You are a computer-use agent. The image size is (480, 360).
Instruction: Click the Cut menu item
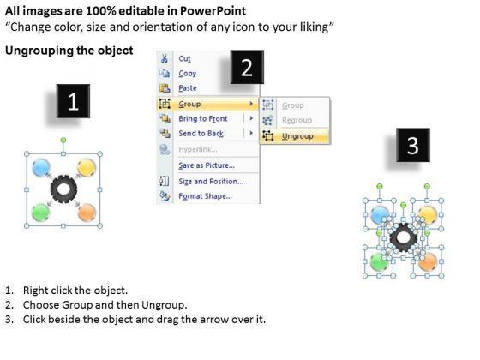point(184,58)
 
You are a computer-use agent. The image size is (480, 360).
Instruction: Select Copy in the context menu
point(188,74)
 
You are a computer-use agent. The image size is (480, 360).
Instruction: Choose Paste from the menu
point(188,88)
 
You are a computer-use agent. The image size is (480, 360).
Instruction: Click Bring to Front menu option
point(203,119)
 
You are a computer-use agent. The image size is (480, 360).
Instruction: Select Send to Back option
point(201,134)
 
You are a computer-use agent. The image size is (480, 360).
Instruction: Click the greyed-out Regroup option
point(297,120)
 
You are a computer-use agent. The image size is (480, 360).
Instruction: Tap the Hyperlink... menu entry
point(198,149)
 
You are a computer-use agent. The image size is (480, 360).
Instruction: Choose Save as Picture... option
point(207,165)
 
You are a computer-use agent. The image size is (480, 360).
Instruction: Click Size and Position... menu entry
point(211,181)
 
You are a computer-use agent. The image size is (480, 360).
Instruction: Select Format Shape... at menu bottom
point(206,196)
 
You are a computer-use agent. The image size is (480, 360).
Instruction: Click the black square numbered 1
point(73,101)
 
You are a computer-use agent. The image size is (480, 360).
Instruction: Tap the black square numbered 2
point(247,67)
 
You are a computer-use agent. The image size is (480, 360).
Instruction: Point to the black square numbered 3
point(413,145)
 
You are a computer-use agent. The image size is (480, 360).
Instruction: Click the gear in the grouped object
point(63,189)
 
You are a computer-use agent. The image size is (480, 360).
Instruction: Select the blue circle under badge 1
point(41,167)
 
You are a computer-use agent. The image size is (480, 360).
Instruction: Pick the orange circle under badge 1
point(87,213)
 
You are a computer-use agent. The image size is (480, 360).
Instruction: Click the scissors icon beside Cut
point(165,58)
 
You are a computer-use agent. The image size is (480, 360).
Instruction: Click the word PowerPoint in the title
point(213,11)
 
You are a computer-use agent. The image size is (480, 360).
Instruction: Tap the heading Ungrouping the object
point(69,51)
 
